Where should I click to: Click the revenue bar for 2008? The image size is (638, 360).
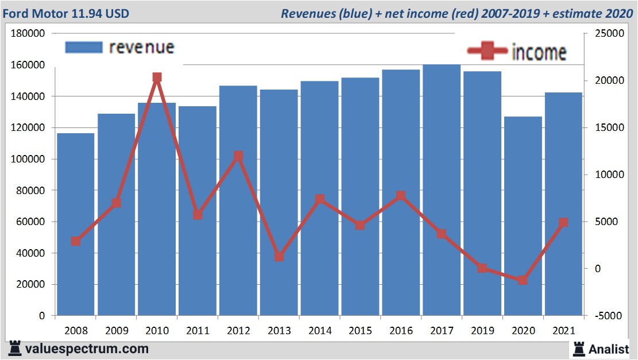76,224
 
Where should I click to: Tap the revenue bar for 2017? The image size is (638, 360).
442,189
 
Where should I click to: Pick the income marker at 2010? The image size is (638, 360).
157,78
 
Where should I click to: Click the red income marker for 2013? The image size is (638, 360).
279,257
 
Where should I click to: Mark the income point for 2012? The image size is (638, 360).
238,156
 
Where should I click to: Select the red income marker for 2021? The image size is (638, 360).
563,223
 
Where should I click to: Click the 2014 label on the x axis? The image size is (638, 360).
320,331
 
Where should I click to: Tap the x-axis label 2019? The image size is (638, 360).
482,331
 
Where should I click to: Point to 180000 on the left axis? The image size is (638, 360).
29,34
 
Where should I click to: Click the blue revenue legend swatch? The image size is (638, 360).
83,47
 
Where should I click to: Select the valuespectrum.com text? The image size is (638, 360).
87,349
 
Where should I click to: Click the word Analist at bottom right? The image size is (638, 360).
609,349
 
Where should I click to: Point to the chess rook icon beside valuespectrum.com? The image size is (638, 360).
15,349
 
